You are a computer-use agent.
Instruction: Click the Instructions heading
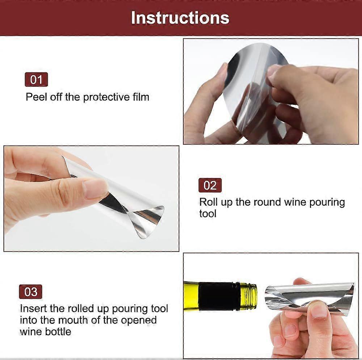pos(180,18)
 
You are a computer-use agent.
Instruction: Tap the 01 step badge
pos(36,79)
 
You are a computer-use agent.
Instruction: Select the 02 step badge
pos(210,185)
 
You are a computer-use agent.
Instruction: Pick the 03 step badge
pos(30,292)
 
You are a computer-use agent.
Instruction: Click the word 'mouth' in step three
pos(73,320)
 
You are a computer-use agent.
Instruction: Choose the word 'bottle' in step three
pos(58,332)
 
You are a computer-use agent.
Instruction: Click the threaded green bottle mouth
pos(248,296)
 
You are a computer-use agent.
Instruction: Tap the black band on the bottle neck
pos(217,296)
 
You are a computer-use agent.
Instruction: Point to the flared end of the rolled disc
pos(148,222)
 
